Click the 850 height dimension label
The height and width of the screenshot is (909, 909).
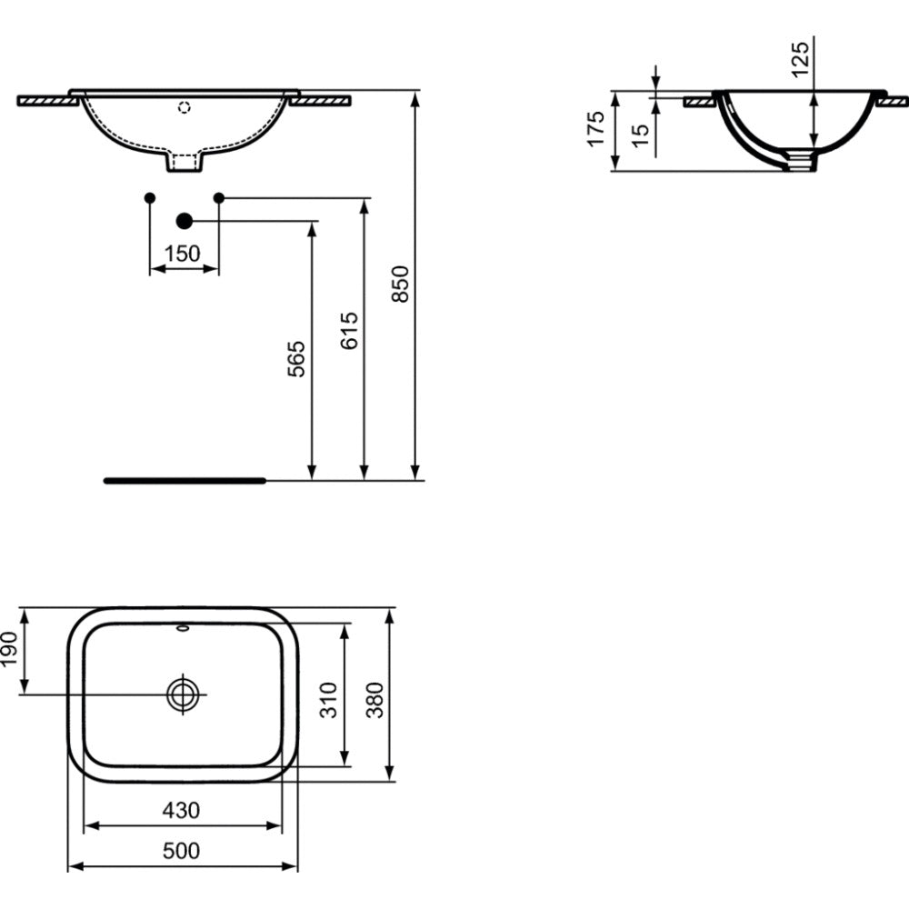(401, 284)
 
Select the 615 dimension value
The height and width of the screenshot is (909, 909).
(350, 331)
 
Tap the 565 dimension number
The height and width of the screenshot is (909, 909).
(296, 359)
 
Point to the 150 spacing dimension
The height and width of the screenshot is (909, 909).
(182, 254)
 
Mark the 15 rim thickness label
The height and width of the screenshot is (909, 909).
(641, 135)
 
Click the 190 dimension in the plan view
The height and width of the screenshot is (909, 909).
(10, 649)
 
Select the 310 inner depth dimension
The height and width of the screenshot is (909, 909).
(329, 700)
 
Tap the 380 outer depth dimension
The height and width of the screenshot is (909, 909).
(375, 700)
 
